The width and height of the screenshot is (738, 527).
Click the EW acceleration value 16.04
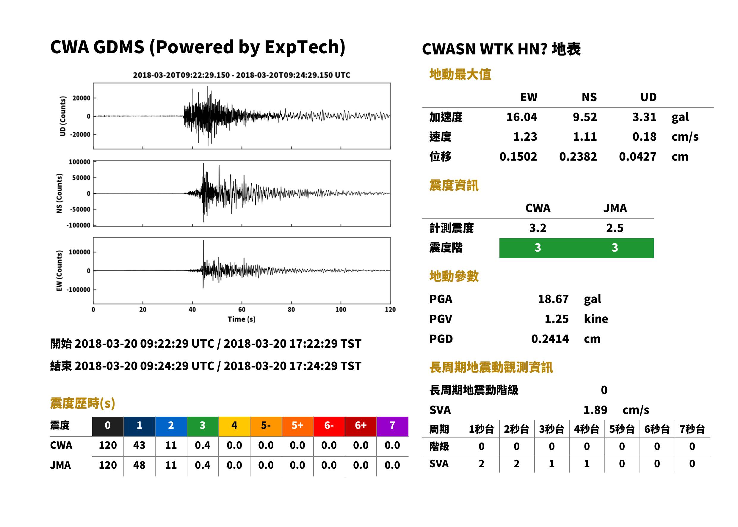(521, 117)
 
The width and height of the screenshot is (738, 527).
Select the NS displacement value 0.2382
(578, 157)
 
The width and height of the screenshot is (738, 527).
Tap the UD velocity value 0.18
(644, 137)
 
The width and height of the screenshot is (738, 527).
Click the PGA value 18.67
(553, 299)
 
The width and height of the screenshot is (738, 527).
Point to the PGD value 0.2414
(550, 339)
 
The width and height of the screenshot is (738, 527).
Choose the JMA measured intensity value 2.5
(615, 228)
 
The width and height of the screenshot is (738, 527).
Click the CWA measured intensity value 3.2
(538, 228)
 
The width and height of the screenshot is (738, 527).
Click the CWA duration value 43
(139, 445)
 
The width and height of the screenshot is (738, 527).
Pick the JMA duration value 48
(139, 465)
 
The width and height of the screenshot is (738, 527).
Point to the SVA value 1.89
(595, 410)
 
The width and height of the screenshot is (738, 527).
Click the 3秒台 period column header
(552, 429)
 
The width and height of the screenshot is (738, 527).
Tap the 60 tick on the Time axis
(242, 310)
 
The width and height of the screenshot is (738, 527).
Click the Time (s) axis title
(242, 319)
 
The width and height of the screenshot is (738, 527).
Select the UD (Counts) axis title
(63, 116)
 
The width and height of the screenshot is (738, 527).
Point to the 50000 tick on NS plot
(81, 178)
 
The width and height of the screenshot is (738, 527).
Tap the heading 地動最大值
(460, 74)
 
